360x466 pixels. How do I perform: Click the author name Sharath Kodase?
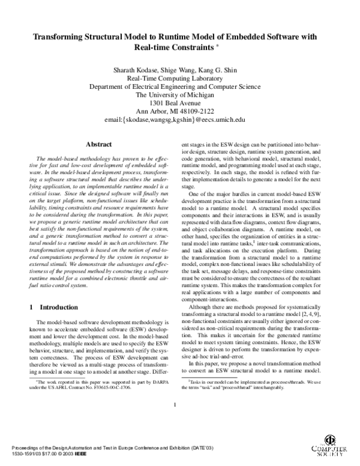pos(132,71)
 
